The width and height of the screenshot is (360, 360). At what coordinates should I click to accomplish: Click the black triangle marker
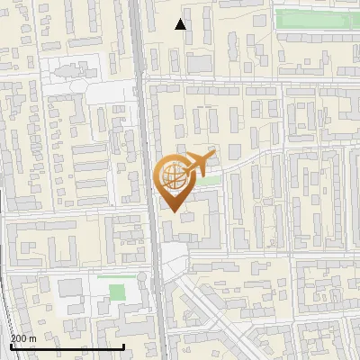181,24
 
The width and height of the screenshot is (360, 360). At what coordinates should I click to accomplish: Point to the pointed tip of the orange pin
174,212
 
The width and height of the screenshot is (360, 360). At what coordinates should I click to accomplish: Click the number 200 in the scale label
18,337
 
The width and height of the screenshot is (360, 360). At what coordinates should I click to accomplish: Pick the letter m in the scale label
32,337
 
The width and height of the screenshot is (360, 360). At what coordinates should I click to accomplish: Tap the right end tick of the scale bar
123,346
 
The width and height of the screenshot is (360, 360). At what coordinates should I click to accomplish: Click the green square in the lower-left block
117,292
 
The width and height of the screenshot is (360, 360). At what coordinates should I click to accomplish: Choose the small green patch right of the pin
209,181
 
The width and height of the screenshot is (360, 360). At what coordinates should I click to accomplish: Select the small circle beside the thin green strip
141,277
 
